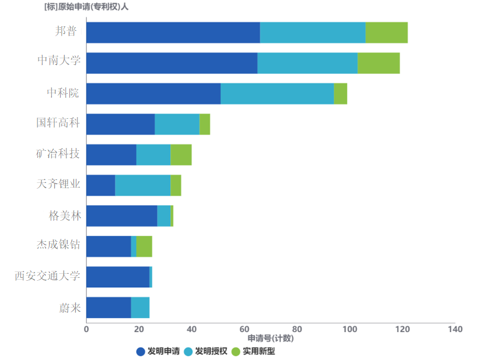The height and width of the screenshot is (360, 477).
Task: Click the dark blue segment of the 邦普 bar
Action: (x=173, y=33)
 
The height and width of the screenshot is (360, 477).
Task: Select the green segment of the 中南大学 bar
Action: (x=378, y=63)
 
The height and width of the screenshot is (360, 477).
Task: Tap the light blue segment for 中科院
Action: (x=277, y=94)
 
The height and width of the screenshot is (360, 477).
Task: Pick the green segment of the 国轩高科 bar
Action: (x=205, y=124)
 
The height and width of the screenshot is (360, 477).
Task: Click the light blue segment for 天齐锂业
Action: (x=142, y=185)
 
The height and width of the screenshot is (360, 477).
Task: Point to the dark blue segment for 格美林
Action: (x=121, y=216)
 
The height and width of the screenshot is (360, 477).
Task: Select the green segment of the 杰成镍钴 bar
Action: (x=144, y=246)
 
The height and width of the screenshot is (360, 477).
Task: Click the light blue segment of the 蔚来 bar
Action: (x=140, y=308)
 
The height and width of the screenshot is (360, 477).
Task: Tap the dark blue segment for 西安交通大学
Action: (x=118, y=277)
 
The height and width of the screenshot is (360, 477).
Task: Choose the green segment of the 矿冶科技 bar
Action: (x=181, y=154)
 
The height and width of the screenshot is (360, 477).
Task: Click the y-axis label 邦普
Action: (x=66, y=31)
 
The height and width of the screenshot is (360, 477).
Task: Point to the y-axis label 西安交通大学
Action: (x=47, y=276)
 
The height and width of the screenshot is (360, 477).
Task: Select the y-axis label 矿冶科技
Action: (x=58, y=154)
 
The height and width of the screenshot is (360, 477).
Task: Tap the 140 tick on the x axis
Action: (x=455, y=329)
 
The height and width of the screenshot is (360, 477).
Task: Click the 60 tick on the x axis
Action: (x=244, y=329)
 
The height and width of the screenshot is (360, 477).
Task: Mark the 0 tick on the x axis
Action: (x=86, y=329)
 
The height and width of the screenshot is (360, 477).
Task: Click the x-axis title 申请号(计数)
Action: (x=271, y=338)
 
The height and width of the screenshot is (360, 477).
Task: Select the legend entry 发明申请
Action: (x=157, y=351)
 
